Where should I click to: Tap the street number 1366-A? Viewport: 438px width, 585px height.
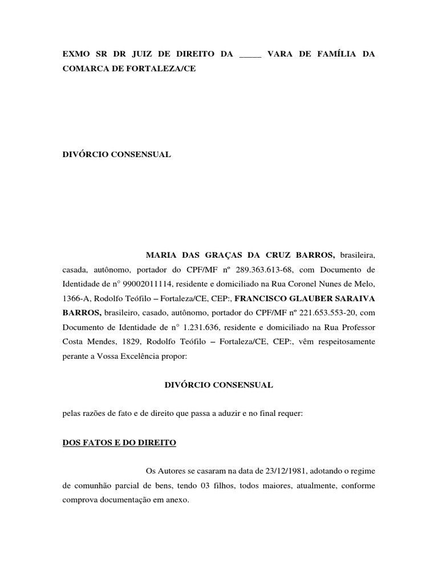coord(75,298)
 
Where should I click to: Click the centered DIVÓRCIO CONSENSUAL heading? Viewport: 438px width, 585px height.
coord(219,385)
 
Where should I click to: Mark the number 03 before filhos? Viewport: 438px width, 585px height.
coord(208,485)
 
